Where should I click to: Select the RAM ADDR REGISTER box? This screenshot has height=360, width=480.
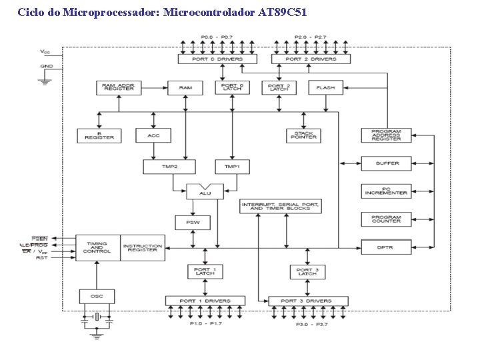pos(118,87)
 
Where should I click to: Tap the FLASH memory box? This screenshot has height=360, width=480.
pos(326,87)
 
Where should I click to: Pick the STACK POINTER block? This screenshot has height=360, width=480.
pos(304,135)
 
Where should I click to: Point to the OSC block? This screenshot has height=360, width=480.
pos(97,295)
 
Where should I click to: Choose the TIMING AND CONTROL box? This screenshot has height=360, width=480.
pos(97,247)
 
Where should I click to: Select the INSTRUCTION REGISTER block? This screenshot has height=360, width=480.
pos(143,247)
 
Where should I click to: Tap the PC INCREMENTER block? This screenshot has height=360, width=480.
pos(387,191)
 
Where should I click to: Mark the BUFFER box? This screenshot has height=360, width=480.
pos(387,163)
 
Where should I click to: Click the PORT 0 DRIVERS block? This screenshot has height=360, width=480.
pos(217,59)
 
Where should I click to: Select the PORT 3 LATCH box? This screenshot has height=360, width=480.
pos(307,271)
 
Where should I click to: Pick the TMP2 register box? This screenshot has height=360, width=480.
pos(169,167)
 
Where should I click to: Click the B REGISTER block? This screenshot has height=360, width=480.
pos(99,135)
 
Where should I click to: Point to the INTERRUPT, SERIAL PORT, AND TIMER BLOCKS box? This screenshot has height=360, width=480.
pos(280,206)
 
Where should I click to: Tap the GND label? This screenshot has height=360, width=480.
pos(47,67)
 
